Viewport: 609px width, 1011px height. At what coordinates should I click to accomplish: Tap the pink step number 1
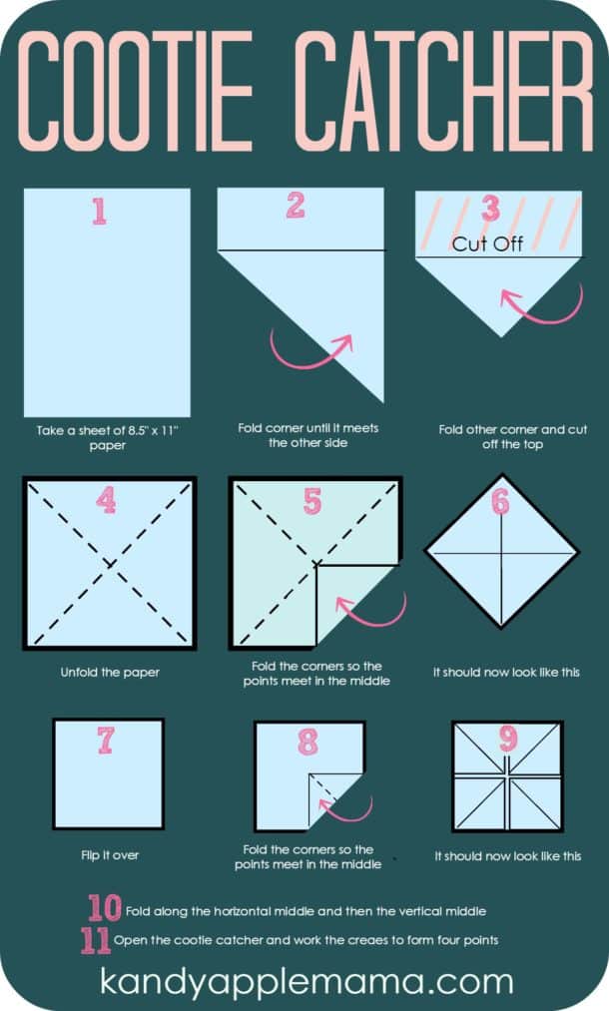(x=99, y=213)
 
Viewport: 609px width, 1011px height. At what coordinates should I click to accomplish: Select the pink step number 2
(x=296, y=206)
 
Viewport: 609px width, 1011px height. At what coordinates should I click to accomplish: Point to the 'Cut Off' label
(x=487, y=244)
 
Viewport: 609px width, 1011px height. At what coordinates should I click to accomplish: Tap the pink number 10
(x=104, y=908)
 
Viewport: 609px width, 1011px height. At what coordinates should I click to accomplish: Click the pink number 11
(x=96, y=940)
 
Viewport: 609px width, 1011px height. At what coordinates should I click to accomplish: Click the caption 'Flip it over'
(x=110, y=855)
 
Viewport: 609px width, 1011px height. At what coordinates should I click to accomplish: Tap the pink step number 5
(x=312, y=502)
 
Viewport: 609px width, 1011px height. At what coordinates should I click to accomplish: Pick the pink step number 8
(x=307, y=743)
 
